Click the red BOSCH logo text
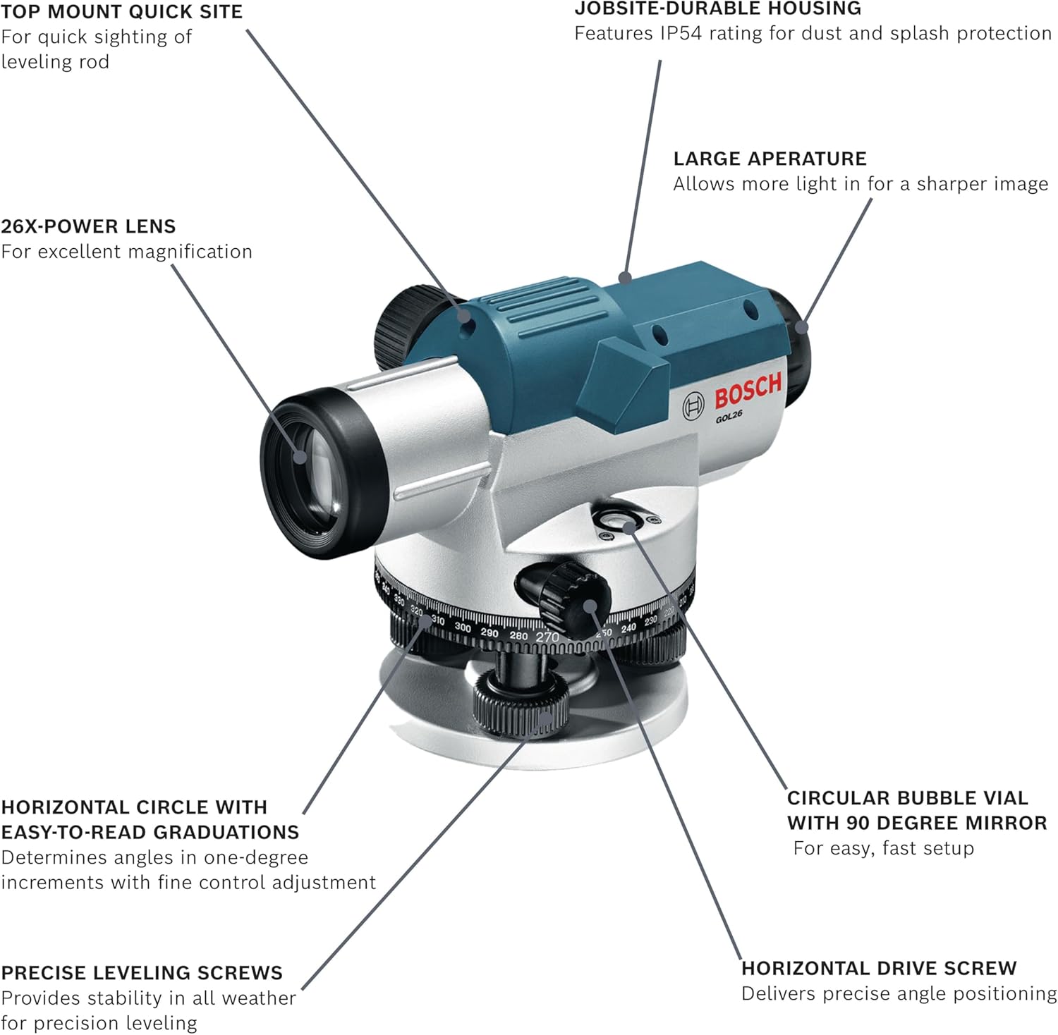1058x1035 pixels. click(748, 390)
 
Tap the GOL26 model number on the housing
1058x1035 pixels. click(729, 417)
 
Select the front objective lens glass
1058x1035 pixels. click(310, 472)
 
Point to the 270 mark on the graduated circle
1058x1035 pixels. click(547, 637)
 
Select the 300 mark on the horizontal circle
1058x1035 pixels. click(463, 627)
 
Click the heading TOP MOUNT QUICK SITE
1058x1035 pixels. click(121, 12)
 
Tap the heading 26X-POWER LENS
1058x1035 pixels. click(88, 226)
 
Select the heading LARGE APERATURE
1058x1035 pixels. click(770, 159)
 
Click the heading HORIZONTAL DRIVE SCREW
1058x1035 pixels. click(878, 968)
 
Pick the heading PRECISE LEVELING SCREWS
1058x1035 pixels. click(141, 972)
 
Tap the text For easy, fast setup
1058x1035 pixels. click(883, 848)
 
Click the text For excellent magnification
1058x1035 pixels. click(126, 252)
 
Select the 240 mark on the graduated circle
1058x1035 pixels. click(628, 627)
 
